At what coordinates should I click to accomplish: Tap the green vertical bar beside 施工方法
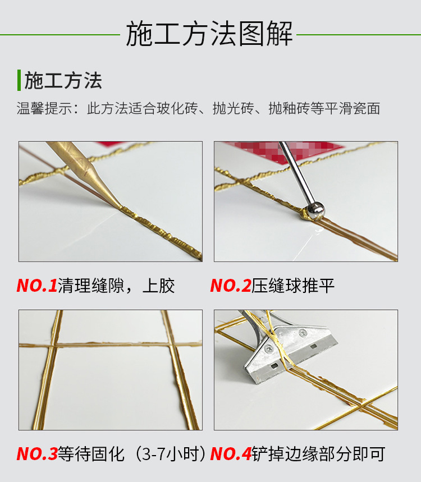19,80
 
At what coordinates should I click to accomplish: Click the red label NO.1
36,286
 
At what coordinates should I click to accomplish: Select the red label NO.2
230,286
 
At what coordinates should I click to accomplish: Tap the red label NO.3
36,453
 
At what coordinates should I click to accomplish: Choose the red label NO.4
230,453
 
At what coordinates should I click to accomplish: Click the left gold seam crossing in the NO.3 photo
52,344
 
